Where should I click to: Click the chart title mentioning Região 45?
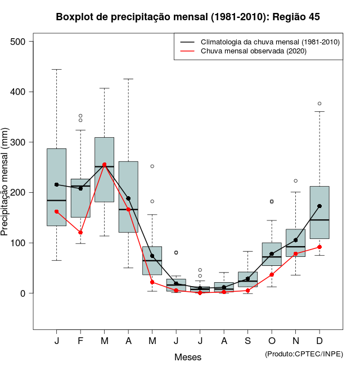point(188,17)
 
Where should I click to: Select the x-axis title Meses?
point(188,357)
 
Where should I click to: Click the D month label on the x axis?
point(319,342)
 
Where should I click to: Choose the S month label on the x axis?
point(248,342)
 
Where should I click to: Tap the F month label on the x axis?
point(80,342)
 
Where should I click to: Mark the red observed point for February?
point(80,233)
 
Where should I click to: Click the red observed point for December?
point(319,247)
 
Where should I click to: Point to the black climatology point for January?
point(56,184)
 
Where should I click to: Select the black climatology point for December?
point(319,206)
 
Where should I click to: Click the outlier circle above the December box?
point(319,103)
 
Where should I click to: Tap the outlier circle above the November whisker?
point(296,181)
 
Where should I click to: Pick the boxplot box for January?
point(56,187)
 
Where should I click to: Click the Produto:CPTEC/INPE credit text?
point(304,354)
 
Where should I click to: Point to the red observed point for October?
point(272,274)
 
